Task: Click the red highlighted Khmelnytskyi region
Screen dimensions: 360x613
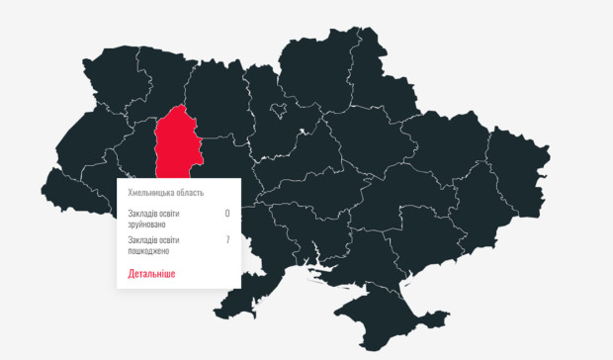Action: coord(181,144)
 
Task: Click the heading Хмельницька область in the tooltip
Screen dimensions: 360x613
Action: coord(166,192)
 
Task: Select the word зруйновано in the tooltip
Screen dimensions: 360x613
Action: coord(148,224)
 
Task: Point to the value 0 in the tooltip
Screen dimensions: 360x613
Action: coord(226,213)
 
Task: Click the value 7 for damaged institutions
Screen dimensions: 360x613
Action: coord(226,239)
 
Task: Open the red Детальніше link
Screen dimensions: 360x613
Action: coord(151,273)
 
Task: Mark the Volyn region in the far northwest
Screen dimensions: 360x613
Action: coord(109,74)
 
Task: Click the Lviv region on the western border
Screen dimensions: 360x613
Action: coord(84,148)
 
